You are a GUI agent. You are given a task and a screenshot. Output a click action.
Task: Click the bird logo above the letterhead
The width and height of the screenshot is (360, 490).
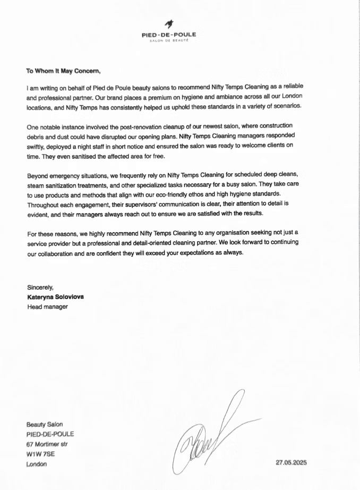tap(169, 23)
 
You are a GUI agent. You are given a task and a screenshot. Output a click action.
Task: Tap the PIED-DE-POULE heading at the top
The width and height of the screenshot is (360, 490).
tap(169, 35)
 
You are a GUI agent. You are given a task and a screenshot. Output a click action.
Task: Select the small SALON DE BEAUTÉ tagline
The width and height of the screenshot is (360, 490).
tap(169, 40)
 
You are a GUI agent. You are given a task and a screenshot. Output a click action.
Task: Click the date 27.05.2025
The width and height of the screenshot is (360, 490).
tap(291, 462)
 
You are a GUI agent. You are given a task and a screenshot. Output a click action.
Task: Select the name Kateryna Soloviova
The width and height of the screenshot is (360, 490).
tap(55, 297)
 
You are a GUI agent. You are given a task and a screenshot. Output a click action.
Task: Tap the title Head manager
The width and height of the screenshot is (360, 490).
tap(47, 306)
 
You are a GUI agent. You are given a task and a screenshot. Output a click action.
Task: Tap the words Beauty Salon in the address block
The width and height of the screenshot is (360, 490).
tap(45, 424)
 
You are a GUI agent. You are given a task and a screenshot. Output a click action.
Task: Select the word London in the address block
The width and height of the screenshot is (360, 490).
tap(37, 463)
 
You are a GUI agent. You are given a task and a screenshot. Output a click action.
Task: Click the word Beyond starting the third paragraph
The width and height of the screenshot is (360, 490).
tap(39, 175)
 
